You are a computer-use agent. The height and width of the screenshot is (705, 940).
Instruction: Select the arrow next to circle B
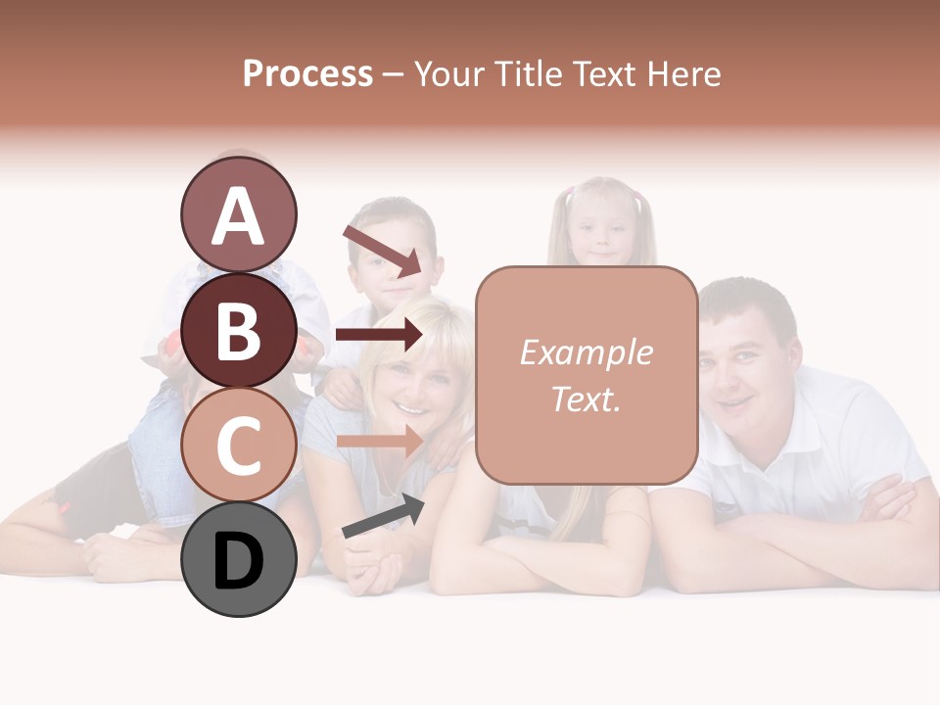click(379, 335)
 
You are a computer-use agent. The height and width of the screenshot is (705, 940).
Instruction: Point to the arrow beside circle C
click(379, 441)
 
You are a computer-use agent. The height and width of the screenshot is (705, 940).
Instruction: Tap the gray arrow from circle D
click(383, 516)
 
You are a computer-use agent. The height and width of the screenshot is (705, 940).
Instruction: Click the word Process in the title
click(307, 73)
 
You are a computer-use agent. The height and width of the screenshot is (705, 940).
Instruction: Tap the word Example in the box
click(586, 352)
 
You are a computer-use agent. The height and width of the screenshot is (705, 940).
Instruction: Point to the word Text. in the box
click(586, 399)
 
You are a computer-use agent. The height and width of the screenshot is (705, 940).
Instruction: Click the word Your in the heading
click(447, 73)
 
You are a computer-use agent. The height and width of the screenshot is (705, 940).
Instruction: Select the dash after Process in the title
click(394, 75)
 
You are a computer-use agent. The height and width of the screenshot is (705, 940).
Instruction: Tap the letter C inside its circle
click(238, 446)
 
